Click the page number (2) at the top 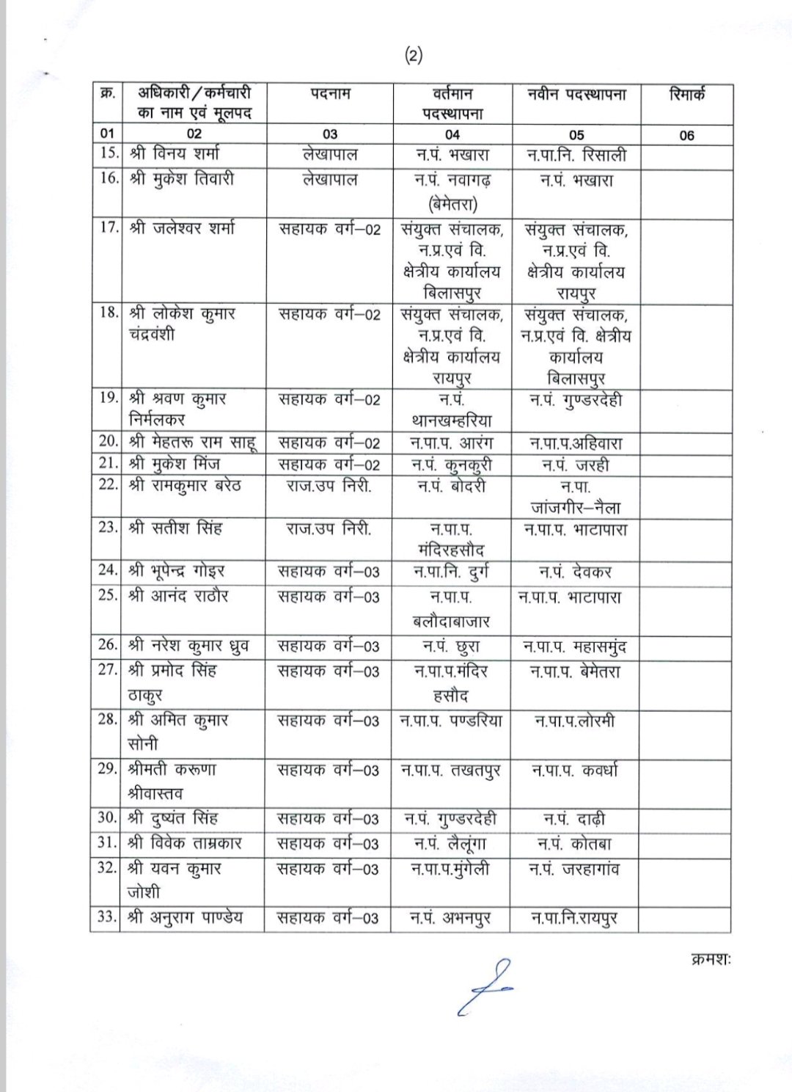(414, 56)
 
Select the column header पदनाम (330, 95)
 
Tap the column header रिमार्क (686, 95)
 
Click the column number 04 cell (452, 134)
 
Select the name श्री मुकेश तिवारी (181, 180)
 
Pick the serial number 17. (109, 228)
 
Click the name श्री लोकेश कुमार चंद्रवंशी (176, 324)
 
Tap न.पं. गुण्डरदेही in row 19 (576, 401)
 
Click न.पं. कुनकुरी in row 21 (452, 465)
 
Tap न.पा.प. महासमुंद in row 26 (576, 647)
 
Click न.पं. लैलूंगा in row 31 (450, 844)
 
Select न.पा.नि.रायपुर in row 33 (576, 918)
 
